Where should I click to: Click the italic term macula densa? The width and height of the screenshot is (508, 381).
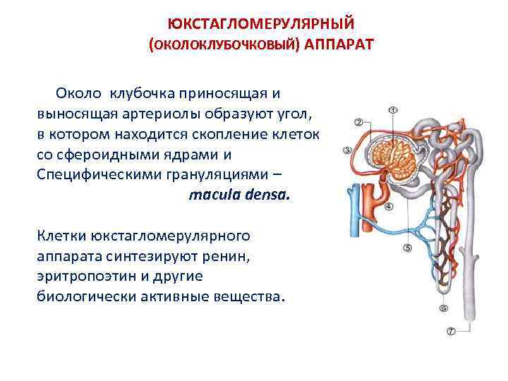point(239,195)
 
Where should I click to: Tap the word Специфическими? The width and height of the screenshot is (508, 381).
point(92,174)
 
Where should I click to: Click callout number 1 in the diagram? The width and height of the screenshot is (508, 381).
point(393,110)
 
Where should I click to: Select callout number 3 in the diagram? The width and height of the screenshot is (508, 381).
point(347,150)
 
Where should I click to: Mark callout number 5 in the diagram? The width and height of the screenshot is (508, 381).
point(407,248)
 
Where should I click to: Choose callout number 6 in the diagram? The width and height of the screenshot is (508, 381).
point(443,308)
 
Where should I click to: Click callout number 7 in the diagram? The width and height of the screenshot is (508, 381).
point(450,330)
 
